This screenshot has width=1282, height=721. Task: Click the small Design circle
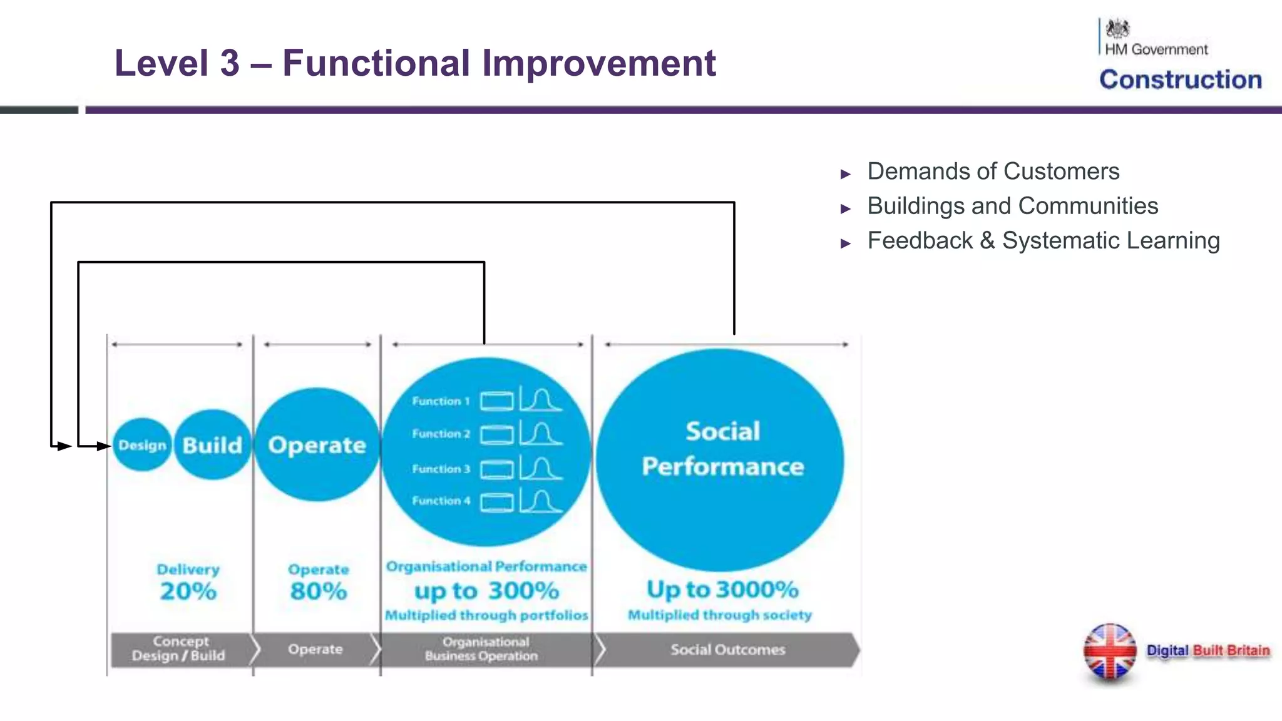(142, 445)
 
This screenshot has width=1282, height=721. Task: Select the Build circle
(212, 445)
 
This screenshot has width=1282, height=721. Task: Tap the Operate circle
(317, 445)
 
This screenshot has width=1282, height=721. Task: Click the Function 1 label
(441, 401)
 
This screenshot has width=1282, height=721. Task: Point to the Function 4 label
(441, 501)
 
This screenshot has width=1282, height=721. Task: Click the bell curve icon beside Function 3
(541, 469)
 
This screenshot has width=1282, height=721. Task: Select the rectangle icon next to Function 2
(496, 434)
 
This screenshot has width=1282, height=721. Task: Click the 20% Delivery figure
(188, 591)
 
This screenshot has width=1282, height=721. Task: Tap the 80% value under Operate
(318, 591)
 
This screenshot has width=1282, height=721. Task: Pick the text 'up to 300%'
(486, 591)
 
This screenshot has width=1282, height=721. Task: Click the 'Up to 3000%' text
(722, 590)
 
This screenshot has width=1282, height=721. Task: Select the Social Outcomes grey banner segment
(727, 650)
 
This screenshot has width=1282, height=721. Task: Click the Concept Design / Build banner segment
(179, 649)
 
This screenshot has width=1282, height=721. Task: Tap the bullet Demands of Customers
(993, 171)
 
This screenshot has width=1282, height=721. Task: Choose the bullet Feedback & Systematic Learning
(1043, 240)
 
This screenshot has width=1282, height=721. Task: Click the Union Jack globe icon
(1110, 652)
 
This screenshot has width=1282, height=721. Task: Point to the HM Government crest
(1117, 29)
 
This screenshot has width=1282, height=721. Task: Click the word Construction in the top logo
(1181, 79)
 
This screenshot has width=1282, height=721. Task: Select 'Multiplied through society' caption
(720, 615)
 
